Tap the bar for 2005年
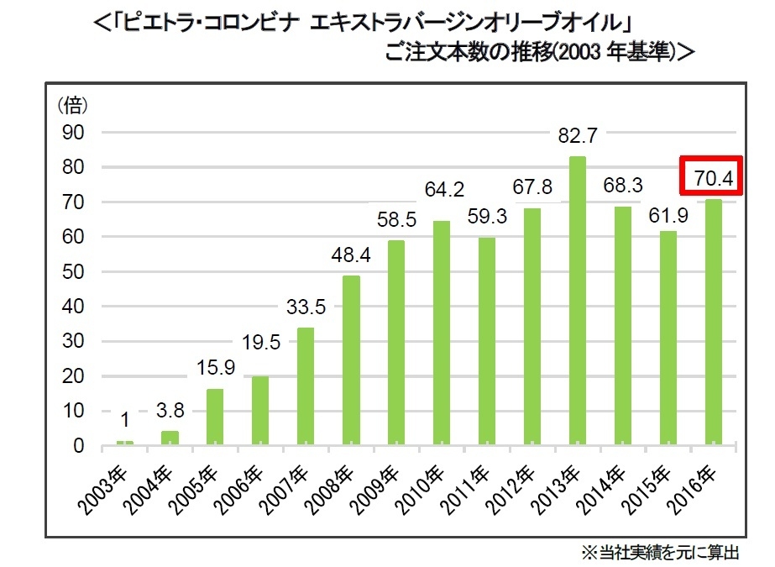[215, 416]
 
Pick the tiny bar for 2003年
[124, 442]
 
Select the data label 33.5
[306, 307]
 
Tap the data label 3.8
[170, 412]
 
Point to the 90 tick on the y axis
[74, 133]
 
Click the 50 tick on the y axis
[74, 272]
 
